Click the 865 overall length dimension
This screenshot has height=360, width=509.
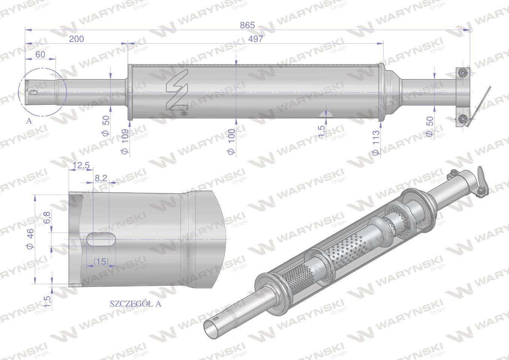coord(247,25)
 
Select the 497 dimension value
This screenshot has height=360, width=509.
coord(255,39)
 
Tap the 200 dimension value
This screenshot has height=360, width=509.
coord(77,39)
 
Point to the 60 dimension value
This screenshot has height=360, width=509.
coord(40,54)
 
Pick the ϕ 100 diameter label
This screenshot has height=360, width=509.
coord(231,142)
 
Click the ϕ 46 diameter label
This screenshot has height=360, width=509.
coord(31,238)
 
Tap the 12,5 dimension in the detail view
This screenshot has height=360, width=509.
coord(81,165)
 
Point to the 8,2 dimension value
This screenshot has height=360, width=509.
coord(101,178)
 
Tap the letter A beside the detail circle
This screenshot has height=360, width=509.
coord(29,121)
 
